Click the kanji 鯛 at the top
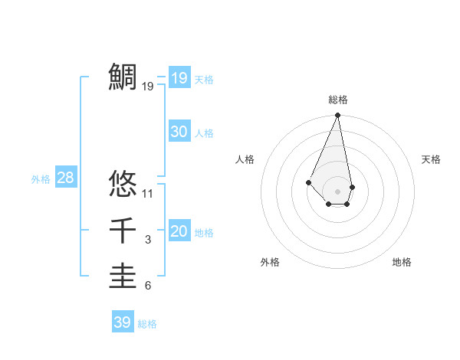click(123, 77)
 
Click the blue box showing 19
click(179, 78)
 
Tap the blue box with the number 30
click(179, 132)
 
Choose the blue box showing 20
click(179, 231)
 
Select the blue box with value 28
click(66, 178)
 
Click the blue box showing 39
click(123, 322)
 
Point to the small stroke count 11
click(148, 193)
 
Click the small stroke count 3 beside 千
click(148, 241)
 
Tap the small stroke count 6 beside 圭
click(148, 286)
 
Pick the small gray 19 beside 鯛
click(148, 87)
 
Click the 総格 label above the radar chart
click(337, 100)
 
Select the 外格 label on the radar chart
click(270, 262)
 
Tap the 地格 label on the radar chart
click(402, 262)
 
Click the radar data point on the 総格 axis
click(337, 116)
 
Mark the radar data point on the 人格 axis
click(308, 182)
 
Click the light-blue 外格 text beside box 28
click(41, 179)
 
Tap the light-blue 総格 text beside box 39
click(147, 324)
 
